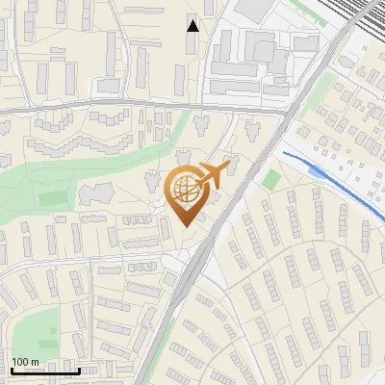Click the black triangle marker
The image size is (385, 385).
click(x=192, y=25)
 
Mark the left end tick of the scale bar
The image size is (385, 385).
click(x=11, y=371)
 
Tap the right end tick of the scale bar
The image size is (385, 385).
click(x=79, y=371)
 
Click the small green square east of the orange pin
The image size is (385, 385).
click(x=270, y=180)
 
